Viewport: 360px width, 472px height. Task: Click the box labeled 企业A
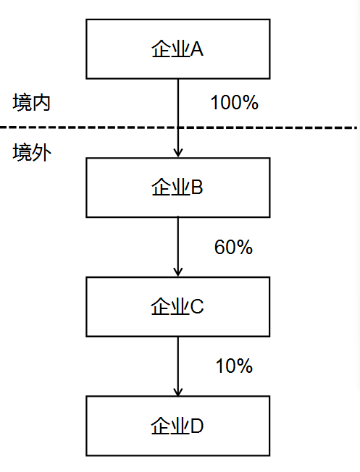[x=177, y=49]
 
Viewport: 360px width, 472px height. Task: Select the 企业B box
[x=177, y=187]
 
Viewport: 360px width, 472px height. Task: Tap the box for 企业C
[x=177, y=306]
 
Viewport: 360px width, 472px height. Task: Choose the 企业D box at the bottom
[x=177, y=426]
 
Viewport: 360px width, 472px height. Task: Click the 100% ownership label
[x=234, y=103]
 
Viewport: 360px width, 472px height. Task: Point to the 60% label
[x=233, y=248]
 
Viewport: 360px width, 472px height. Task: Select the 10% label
[x=234, y=366]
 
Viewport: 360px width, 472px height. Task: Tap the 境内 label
[x=32, y=103]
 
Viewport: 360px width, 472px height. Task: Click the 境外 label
[x=32, y=153]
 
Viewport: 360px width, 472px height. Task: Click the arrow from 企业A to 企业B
[x=177, y=109]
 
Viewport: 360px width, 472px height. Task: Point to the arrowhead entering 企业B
[x=177, y=153]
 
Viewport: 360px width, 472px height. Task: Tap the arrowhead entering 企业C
[x=177, y=271]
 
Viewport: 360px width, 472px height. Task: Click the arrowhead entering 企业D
[x=177, y=391]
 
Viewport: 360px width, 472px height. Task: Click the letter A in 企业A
[x=196, y=49]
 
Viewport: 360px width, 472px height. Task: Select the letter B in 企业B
[x=196, y=188]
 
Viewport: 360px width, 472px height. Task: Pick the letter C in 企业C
[x=197, y=307]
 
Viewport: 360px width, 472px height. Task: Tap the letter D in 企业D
[x=197, y=426]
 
